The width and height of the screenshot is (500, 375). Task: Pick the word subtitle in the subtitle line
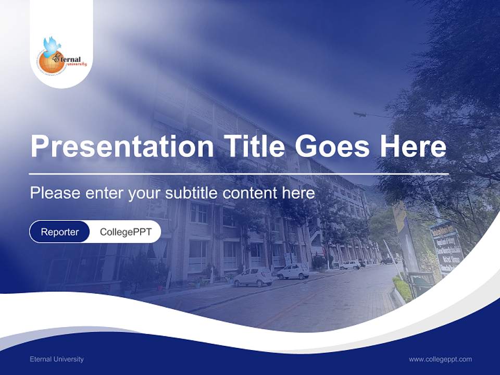coord(192,193)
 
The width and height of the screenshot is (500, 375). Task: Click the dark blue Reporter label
coord(60,232)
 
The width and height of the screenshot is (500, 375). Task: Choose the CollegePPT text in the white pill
coord(126,232)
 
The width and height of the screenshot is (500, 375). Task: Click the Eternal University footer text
coord(57,359)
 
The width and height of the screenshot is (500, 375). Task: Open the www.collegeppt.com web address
coord(440,359)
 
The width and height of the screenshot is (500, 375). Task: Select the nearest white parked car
coord(253,277)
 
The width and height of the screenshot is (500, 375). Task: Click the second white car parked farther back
coord(293,271)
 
